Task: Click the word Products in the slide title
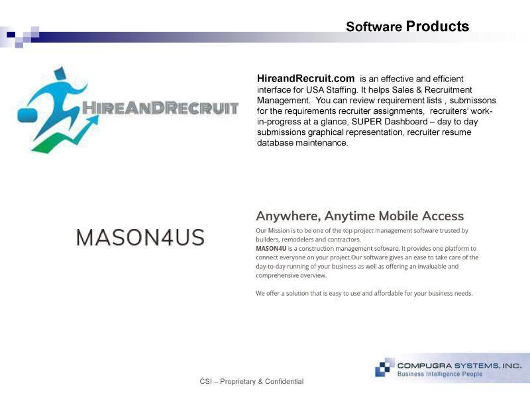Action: coord(437,26)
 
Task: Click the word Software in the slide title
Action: coord(374,26)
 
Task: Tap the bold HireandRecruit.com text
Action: coord(305,78)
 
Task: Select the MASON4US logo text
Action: coord(140,238)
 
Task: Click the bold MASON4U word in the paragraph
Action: coord(271,249)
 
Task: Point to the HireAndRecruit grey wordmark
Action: coord(160,108)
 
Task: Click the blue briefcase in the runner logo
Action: coord(27,115)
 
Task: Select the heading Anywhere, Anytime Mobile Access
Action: coord(360,216)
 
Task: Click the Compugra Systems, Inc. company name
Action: coord(459,366)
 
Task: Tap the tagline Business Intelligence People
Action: coord(440,374)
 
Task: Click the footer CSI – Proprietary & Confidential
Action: coord(252,382)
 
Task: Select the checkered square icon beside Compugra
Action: coord(385,367)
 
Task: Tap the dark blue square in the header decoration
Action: coord(11,34)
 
